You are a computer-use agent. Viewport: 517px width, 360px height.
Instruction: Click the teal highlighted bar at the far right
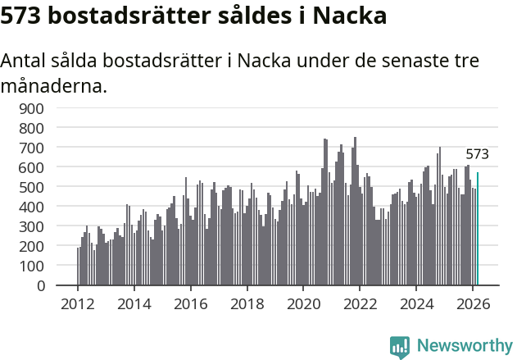pos(478,230)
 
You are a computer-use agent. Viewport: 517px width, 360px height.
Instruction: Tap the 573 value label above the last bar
pos(477,154)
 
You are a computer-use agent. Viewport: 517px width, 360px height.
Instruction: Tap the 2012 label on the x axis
pos(78,303)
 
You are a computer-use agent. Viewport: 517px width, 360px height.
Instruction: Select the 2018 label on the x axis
pos(247,303)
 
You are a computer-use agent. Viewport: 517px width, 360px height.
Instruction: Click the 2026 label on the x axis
pos(473,303)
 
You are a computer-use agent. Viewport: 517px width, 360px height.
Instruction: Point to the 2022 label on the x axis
pos(360,303)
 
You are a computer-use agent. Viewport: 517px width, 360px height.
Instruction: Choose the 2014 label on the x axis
pos(134,303)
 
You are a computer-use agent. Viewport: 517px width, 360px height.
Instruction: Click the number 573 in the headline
pos(24,16)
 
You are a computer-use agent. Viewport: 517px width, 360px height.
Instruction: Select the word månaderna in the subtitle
pos(54,85)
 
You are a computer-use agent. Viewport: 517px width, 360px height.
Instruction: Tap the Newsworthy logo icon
pos(400,346)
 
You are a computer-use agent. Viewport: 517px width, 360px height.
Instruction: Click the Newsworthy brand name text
pos(464,346)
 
